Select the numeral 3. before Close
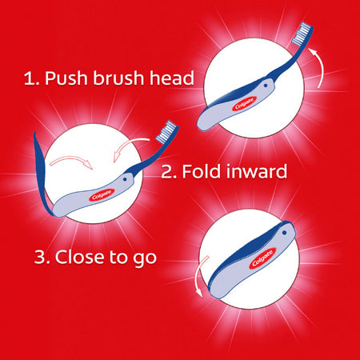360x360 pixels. point(42,258)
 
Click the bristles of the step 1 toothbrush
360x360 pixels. point(303,34)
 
